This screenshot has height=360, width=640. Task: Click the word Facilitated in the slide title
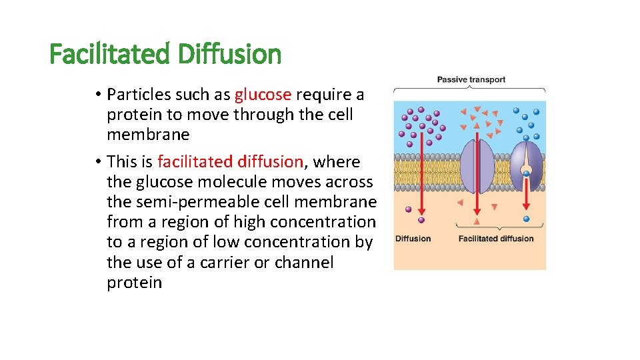coord(111,54)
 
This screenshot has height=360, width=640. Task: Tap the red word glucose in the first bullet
coord(263,94)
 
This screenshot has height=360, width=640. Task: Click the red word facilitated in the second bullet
coord(197,161)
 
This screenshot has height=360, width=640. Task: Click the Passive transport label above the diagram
coord(471,79)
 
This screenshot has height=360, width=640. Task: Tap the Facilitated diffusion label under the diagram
coord(496,239)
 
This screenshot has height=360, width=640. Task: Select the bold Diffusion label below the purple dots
coord(413,239)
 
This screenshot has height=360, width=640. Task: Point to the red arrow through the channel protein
coord(477,177)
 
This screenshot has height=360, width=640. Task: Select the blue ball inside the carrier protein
coord(527,173)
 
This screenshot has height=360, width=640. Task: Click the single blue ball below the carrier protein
coord(526,219)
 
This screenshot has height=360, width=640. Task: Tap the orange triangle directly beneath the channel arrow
coord(477,221)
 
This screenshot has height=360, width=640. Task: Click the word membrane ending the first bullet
coord(148,135)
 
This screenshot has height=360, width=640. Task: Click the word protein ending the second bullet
coord(134,282)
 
